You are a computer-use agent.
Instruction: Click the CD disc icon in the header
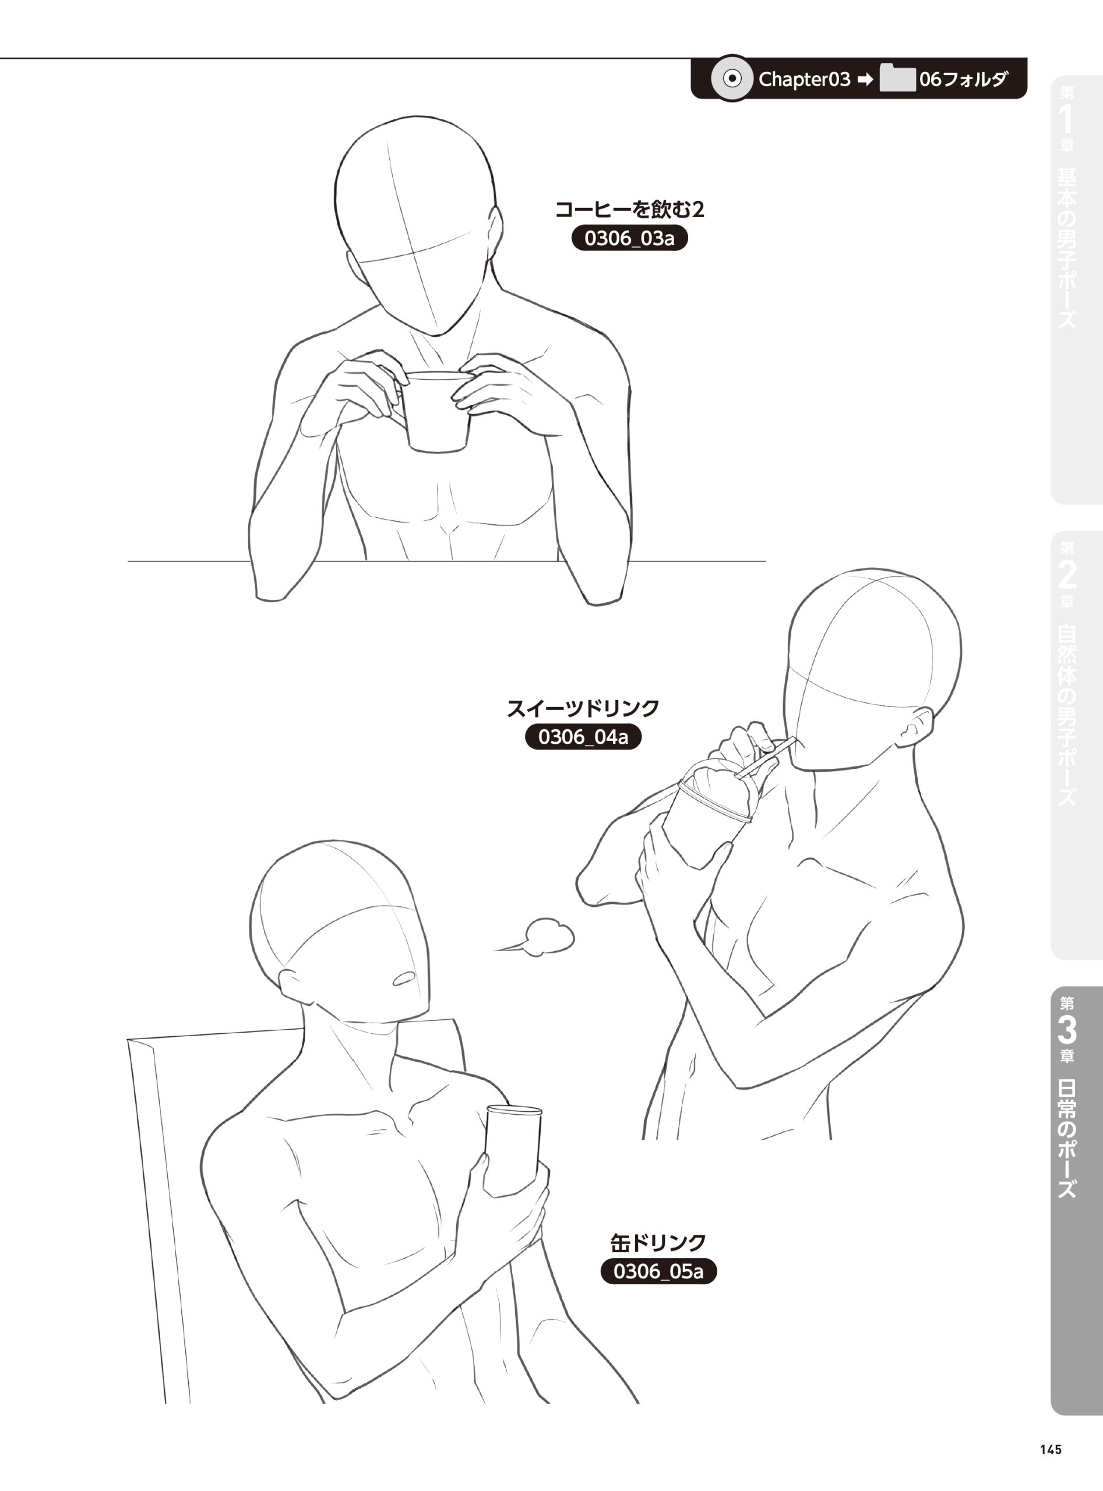(732, 79)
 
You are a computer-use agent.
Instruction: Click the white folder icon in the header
(897, 78)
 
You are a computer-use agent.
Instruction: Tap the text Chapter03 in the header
(805, 79)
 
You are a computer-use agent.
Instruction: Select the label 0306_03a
(630, 238)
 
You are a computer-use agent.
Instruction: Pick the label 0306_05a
(658, 1271)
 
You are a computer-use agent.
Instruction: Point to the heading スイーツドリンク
(583, 708)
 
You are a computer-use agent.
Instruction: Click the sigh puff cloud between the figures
(539, 937)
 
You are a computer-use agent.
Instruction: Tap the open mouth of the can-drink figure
(404, 979)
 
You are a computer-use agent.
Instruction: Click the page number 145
(1050, 1449)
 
